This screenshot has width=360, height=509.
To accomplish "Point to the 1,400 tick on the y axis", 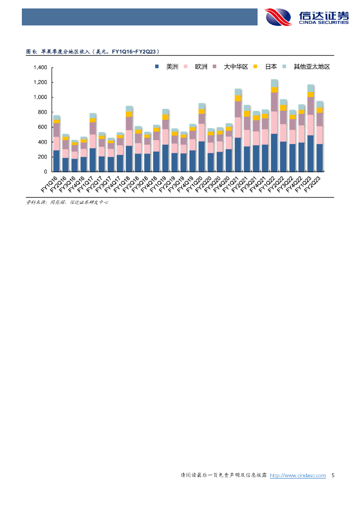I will click(40, 68).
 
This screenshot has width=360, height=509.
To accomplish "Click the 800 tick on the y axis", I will click(42, 112).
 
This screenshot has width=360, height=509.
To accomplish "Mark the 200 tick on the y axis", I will click(42, 157).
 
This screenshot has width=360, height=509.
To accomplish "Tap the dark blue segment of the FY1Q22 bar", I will click(274, 153).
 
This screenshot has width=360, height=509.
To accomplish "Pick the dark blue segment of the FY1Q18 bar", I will click(129, 159).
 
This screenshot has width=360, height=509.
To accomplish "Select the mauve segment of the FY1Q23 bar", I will click(311, 106).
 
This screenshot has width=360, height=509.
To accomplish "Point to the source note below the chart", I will click(67, 202).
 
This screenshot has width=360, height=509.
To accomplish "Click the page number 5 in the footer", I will click(333, 476).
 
